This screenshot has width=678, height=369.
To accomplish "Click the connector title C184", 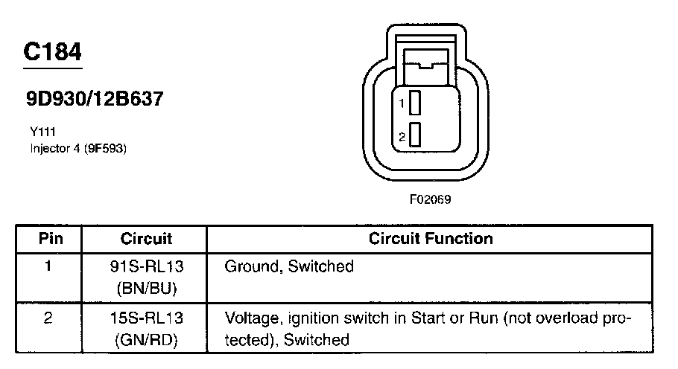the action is click(x=52, y=51).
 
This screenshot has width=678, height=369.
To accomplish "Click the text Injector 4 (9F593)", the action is click(x=78, y=148).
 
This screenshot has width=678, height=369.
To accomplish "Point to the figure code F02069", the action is click(x=431, y=199).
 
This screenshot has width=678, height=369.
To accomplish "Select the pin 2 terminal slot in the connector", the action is click(x=415, y=135).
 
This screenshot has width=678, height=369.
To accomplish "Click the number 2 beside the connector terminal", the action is click(x=402, y=136).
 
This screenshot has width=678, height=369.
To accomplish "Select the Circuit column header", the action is click(x=146, y=239).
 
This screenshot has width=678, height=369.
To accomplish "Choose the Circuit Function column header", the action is click(x=431, y=239).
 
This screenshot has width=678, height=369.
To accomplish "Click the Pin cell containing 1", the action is click(x=48, y=266).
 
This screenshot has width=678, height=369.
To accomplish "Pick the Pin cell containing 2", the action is click(x=48, y=319).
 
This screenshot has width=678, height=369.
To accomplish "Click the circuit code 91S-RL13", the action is click(x=146, y=266).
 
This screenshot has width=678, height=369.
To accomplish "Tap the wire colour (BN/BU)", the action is click(x=146, y=286).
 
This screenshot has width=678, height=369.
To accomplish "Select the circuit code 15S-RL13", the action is click(x=146, y=319).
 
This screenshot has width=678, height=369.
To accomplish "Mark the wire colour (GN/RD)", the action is click(x=146, y=340).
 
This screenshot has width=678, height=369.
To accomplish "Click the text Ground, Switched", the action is click(x=289, y=266).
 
